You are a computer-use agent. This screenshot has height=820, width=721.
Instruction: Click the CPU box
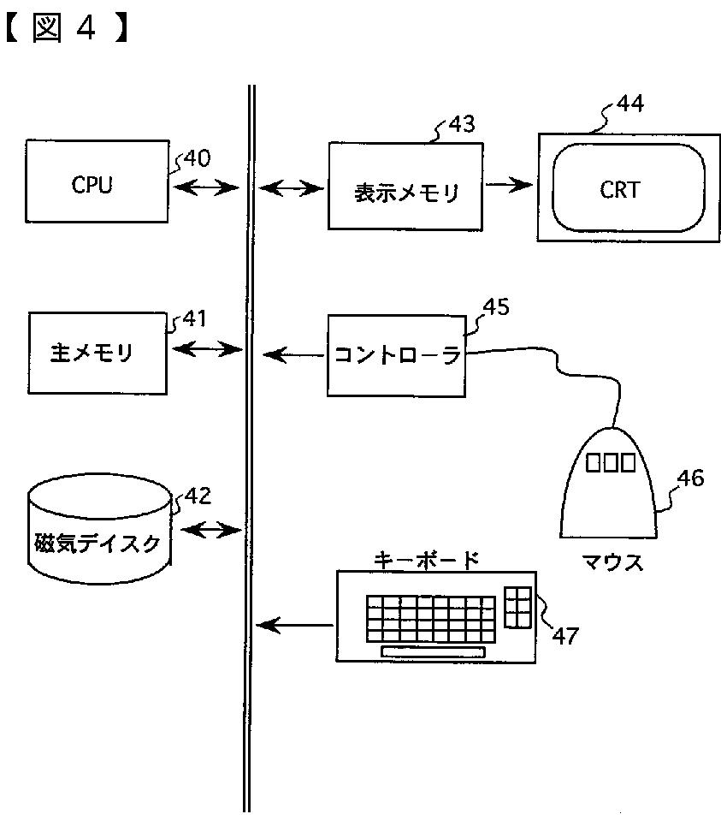click(98, 181)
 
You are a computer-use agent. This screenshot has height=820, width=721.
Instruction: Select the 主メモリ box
click(98, 353)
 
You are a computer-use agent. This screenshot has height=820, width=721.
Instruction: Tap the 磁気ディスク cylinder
click(99, 528)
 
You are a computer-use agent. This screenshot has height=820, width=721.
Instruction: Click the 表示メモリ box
click(405, 187)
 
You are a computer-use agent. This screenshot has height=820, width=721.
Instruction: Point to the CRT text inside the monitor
click(619, 190)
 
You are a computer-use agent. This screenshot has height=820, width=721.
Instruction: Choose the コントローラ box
click(397, 355)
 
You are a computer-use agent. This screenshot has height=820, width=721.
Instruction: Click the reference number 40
click(197, 158)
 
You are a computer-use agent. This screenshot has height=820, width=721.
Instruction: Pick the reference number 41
click(194, 318)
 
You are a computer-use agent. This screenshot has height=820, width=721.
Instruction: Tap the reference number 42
click(198, 496)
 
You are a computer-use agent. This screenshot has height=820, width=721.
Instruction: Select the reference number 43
click(462, 124)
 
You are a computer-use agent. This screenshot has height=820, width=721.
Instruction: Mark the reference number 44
click(630, 103)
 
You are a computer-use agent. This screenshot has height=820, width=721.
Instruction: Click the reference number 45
click(496, 307)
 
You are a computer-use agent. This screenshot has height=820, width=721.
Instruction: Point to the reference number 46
click(691, 478)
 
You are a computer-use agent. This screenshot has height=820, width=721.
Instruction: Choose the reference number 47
click(565, 636)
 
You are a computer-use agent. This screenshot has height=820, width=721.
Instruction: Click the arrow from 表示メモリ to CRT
click(509, 184)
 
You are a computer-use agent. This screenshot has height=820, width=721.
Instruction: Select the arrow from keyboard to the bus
click(294, 625)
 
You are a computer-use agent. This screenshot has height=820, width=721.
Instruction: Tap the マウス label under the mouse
click(612, 562)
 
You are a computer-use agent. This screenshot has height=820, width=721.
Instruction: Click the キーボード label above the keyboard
click(426, 560)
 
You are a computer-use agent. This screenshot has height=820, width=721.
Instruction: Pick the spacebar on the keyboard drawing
click(433, 652)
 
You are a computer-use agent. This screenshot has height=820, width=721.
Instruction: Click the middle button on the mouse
click(610, 462)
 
